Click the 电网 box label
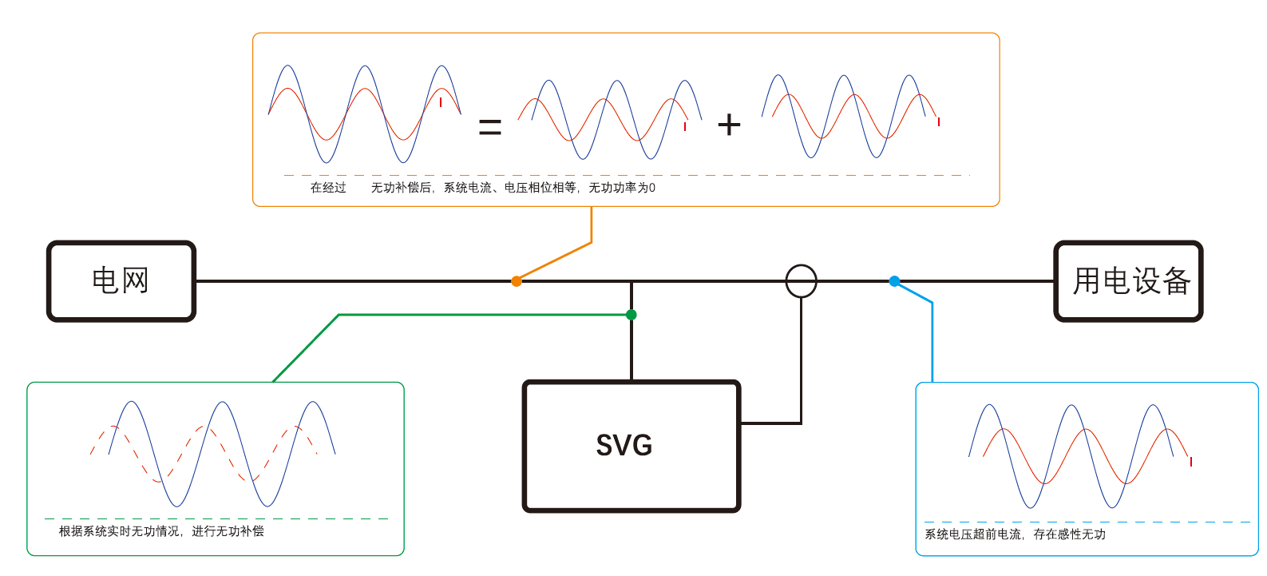(x=121, y=280)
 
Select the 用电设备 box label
(x=1131, y=281)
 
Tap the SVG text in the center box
(x=624, y=445)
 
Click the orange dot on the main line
(x=517, y=281)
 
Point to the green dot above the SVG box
(x=632, y=315)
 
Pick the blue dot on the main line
(x=894, y=281)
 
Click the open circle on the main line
(x=801, y=281)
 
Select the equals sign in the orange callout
(x=489, y=126)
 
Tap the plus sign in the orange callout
(x=729, y=125)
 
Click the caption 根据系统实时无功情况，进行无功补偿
(x=161, y=531)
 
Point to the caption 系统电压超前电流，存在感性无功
(x=1015, y=534)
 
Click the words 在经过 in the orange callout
(x=328, y=188)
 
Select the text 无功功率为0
(x=622, y=188)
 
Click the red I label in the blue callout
(x=1191, y=462)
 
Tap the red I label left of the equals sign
(x=441, y=102)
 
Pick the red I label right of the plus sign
(x=939, y=122)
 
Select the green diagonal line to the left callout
(x=306, y=348)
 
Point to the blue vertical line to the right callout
(x=932, y=344)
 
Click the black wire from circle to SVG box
(x=801, y=360)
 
